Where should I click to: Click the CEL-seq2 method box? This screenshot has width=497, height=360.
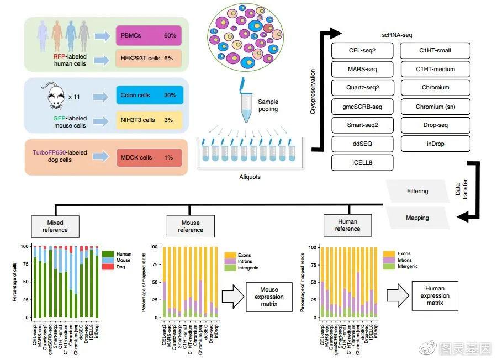[362, 51]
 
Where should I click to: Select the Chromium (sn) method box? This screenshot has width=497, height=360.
[436, 107]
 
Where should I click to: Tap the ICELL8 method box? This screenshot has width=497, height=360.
[362, 163]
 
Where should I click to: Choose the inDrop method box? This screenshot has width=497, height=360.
[436, 144]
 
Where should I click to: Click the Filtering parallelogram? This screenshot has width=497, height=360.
[417, 192]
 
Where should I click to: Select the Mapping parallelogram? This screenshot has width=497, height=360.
[417, 218]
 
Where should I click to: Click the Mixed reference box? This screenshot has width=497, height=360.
[55, 225]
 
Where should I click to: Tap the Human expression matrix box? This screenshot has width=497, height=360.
[435, 296]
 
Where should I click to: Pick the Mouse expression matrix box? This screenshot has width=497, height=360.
[269, 297]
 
